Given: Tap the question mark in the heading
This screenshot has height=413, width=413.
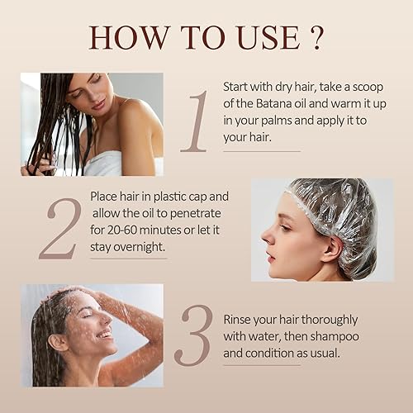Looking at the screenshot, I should pyautogui.click(x=316, y=38).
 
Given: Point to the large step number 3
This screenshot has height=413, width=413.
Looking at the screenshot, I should pyautogui.click(x=193, y=335).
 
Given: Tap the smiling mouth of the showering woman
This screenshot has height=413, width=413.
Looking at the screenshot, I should pyautogui.click(x=104, y=334).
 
